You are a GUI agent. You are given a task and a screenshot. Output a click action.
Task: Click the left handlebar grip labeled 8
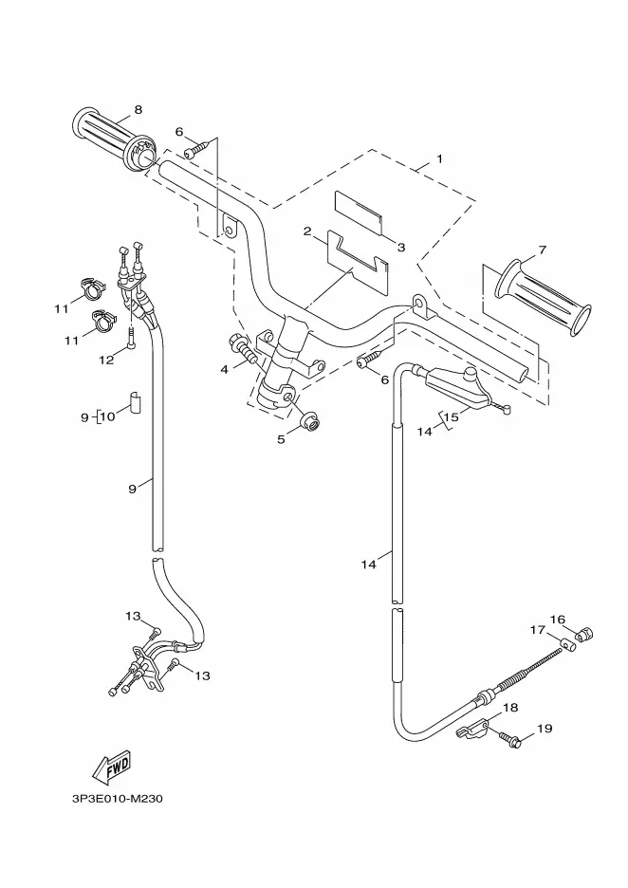(110, 139)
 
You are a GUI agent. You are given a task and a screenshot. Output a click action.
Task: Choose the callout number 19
(544, 729)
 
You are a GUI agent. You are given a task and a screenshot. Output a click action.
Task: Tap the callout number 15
(452, 416)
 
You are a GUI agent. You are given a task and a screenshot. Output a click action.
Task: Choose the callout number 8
(139, 109)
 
